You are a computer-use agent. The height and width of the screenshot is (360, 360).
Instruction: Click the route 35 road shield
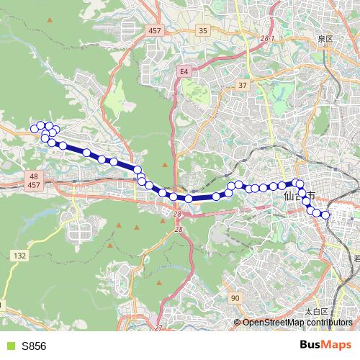coord(203,30)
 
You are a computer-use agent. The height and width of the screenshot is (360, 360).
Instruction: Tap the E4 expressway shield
coord(184,71)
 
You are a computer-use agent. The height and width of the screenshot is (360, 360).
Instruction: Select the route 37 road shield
coord(243,85)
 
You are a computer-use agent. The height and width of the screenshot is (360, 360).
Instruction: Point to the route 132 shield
coord(19,256)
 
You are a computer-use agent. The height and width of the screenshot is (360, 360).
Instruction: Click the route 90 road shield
coord(235,297)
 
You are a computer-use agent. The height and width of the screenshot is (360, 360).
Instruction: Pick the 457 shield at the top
coord(154,30)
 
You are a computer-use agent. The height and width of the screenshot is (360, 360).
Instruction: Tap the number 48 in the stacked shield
coord(35,176)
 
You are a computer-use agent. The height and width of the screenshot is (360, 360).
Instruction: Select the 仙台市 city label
coord(296,194)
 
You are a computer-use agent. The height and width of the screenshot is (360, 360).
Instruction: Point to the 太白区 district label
coord(316,312)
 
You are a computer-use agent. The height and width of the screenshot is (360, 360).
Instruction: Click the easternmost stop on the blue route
coord(325,215)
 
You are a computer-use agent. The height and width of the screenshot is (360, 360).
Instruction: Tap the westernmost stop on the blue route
coord(33,129)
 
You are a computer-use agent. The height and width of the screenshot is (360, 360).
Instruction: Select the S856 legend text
coord(34,346)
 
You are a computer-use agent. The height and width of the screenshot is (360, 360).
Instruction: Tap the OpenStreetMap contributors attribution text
coord(296,322)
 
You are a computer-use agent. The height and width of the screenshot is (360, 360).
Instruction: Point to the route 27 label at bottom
coord(159,328)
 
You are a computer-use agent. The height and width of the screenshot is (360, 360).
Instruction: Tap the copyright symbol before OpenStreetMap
coord(238,322)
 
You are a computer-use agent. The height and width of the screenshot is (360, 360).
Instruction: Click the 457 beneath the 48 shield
coord(35,186)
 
